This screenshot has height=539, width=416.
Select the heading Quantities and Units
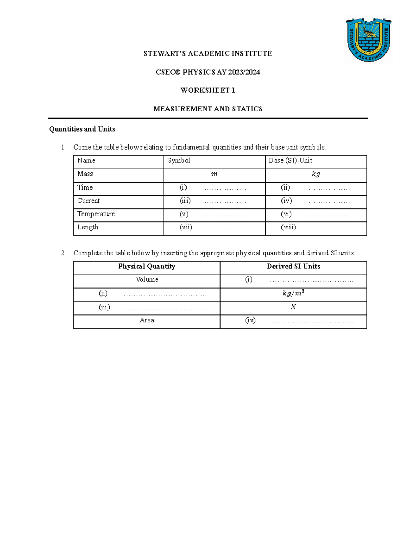[82, 129]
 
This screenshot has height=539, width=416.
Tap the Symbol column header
[179, 160]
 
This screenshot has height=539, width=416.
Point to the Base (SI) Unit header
[291, 160]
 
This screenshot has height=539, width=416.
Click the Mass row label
[85, 174]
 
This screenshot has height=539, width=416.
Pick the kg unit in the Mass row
[315, 174]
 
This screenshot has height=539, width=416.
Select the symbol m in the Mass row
[214, 174]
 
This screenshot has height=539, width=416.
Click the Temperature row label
[96, 214]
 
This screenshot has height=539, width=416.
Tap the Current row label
[88, 201]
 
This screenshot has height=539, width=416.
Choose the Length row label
[88, 227]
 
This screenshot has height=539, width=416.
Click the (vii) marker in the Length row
[186, 227]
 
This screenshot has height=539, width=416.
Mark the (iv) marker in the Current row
[286, 201]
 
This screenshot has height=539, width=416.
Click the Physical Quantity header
[147, 266]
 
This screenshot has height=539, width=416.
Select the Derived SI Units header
[293, 266]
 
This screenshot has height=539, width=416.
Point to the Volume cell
[147, 279]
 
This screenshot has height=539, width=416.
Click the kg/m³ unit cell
[293, 293]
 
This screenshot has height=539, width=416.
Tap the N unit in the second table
[293, 307]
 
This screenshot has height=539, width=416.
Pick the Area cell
[147, 320]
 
